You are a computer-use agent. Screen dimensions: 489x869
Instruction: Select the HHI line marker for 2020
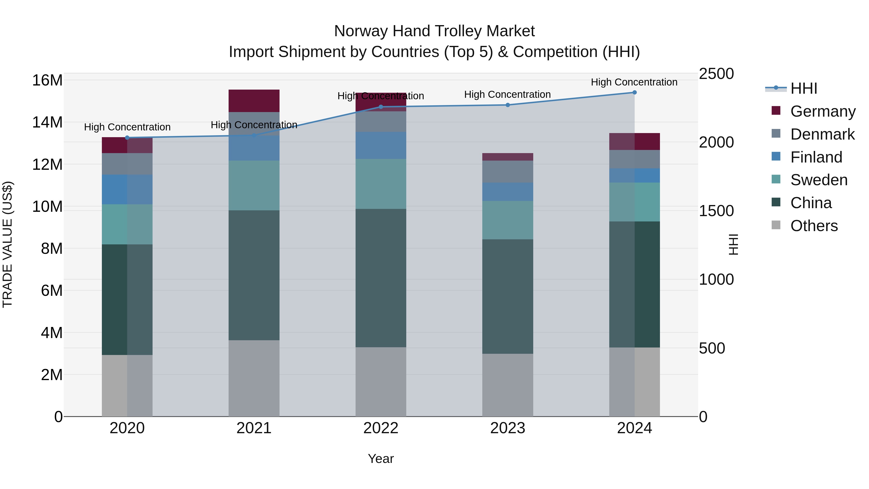pos(127,137)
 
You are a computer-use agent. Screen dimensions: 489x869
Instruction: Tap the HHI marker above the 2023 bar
pos(507,105)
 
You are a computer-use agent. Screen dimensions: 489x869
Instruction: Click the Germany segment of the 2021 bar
pos(254,100)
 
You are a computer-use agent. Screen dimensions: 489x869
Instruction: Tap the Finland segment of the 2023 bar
pos(507,192)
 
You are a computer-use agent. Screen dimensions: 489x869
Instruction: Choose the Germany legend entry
pos(822,111)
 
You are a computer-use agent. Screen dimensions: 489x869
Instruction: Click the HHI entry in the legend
pos(804,88)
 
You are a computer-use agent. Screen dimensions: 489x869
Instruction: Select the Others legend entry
pos(814,226)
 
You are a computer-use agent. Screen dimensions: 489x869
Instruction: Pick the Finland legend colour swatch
pos(776,156)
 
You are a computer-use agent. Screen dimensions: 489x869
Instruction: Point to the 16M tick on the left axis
pos(47,80)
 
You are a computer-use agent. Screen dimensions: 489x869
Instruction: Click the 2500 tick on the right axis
pos(716,74)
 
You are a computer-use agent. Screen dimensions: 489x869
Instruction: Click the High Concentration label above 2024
pos(634,82)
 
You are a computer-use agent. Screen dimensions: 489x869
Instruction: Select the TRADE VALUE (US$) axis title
pos(7,244)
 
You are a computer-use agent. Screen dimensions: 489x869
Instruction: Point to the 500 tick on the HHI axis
pos(712,348)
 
